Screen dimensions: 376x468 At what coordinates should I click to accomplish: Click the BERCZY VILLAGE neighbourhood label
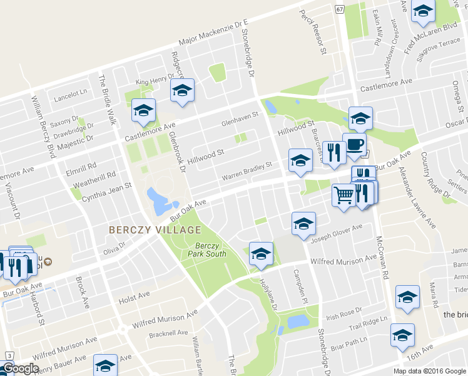coord(155,229)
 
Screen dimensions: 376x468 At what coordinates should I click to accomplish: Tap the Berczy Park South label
coord(207,249)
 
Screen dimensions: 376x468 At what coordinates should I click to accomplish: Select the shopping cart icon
coord(343,196)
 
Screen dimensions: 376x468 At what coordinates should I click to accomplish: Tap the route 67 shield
coord(339,9)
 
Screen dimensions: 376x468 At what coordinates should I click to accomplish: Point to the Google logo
coord(20,368)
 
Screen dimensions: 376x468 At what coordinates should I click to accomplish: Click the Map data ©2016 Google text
coord(429,370)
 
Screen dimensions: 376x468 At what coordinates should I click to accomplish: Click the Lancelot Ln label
coord(71,92)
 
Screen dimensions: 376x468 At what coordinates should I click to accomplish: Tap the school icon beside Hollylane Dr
coord(261,254)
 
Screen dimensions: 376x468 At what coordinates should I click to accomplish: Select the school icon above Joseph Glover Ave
coord(303,224)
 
